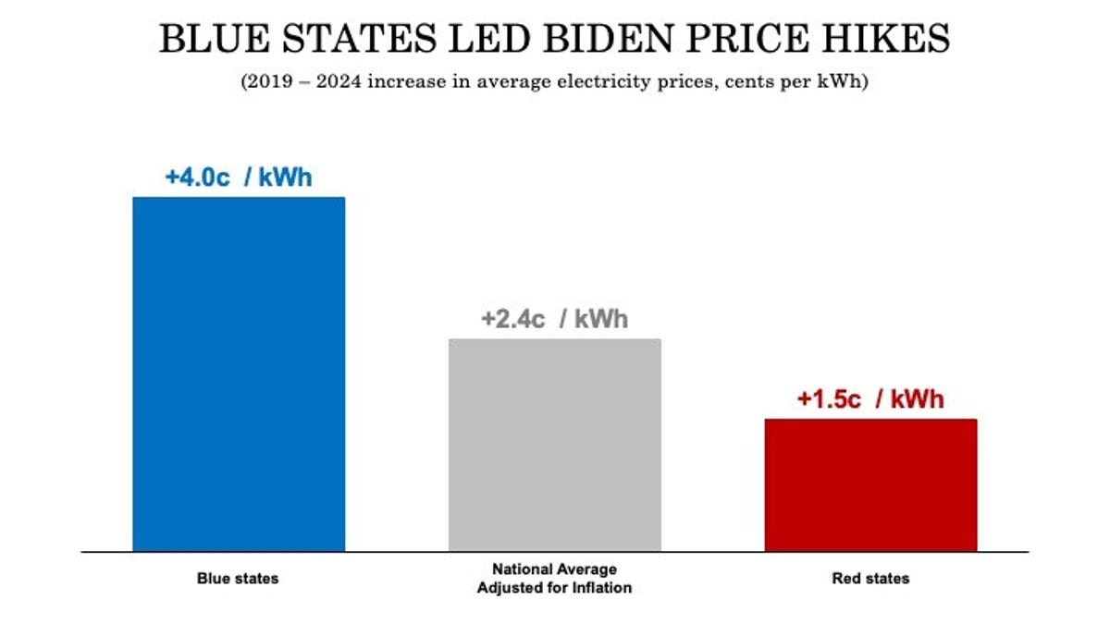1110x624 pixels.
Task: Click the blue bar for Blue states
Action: point(239,373)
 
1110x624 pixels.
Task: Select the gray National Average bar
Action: point(555,445)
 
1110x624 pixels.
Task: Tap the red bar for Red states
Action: point(870,484)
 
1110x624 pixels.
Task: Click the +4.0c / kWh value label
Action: point(239,177)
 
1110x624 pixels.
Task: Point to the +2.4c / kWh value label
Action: point(554,320)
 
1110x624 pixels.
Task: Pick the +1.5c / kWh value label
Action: point(870,399)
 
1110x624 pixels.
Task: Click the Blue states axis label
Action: point(238,579)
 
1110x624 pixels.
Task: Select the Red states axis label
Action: point(870,579)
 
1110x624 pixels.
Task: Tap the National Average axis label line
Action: point(555,569)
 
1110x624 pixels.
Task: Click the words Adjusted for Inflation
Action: point(555,588)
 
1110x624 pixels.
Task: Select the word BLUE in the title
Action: point(206,40)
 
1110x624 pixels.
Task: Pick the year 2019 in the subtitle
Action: point(267,81)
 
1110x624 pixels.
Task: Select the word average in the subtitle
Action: point(517,81)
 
